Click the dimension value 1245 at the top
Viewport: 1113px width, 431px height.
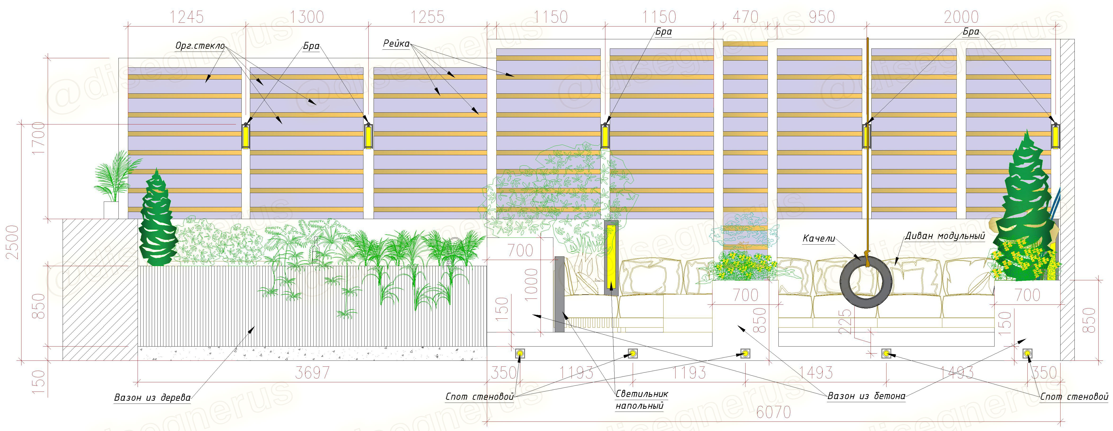[186, 17]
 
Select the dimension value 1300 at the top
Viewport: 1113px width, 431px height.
[306, 17]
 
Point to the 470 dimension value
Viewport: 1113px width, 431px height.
[745, 17]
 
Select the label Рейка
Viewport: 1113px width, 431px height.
[396, 43]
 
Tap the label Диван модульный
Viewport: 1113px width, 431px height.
[945, 236]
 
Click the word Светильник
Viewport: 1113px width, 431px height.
[642, 394]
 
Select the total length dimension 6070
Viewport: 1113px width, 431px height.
[773, 412]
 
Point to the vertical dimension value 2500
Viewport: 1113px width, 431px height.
[13, 242]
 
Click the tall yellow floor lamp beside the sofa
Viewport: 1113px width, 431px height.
[611, 258]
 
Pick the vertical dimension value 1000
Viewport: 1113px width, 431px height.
[531, 284]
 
